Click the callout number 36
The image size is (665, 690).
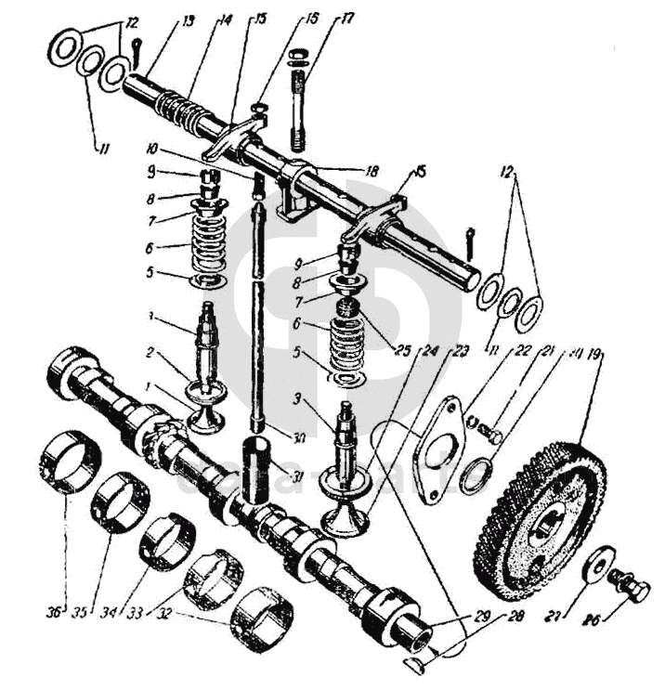click(x=55, y=611)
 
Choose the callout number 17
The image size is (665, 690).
click(x=321, y=19)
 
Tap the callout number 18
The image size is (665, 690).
click(x=372, y=171)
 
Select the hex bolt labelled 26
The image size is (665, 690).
click(x=630, y=586)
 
